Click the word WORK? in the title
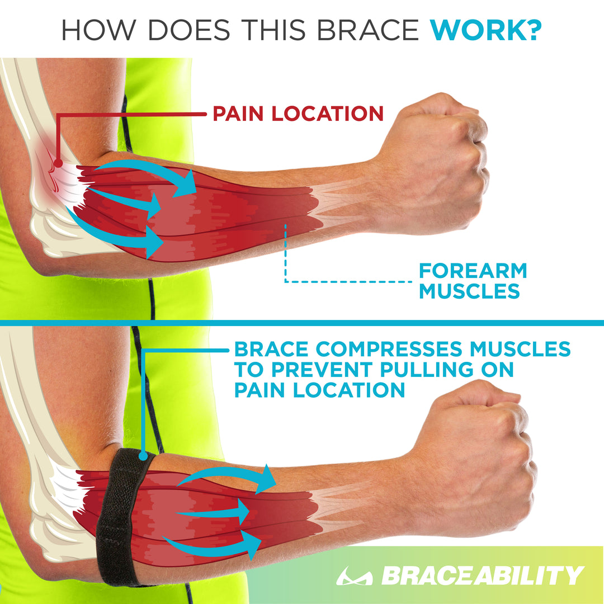(x=485, y=30)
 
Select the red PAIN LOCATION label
(x=298, y=114)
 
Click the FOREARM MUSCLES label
(x=473, y=281)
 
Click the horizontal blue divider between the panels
(x=302, y=323)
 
